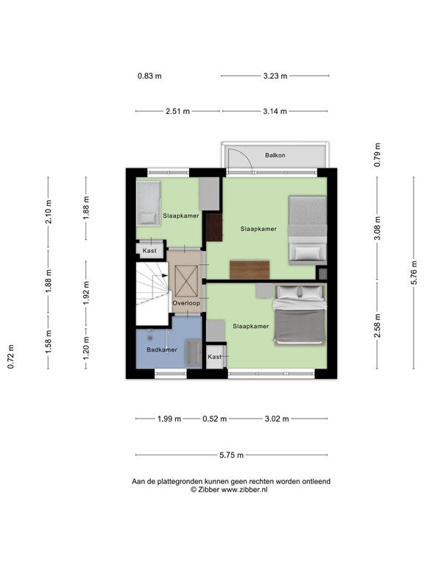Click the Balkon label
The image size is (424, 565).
click(275, 155)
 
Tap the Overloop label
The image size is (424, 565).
click(186, 303)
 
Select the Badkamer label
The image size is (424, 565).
click(162, 349)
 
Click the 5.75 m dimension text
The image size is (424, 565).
click(231, 455)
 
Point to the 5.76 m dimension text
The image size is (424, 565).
click(414, 272)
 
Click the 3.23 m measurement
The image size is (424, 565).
click(275, 76)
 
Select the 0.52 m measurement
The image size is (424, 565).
click(214, 419)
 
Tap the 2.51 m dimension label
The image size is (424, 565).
click(177, 111)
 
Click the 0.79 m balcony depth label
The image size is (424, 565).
click(377, 155)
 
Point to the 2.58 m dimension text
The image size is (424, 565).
click(377, 326)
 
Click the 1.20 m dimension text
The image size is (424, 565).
click(86, 348)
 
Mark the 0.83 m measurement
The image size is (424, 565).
click(149, 76)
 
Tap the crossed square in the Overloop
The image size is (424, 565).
click(186, 282)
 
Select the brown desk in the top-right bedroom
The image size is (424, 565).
click(250, 270)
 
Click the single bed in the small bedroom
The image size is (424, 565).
click(148, 203)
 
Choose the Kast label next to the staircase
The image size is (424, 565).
click(149, 251)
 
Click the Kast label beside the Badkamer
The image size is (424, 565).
click(214, 357)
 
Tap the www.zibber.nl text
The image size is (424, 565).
click(244, 490)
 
